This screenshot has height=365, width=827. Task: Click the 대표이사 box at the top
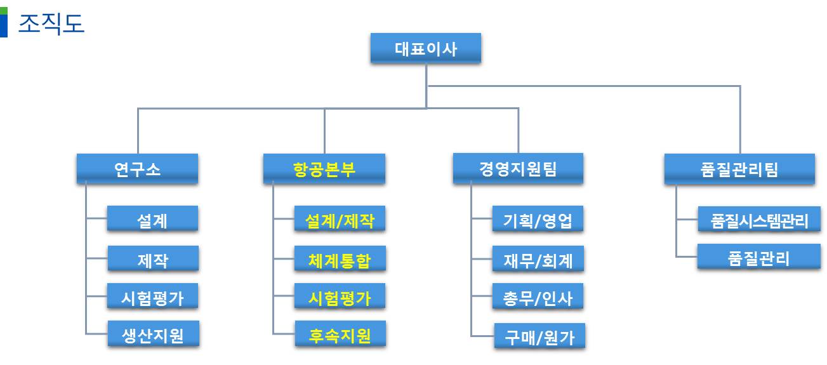[x=426, y=48]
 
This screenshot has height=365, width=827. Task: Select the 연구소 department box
[x=137, y=169]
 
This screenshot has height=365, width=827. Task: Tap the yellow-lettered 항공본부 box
[x=324, y=169]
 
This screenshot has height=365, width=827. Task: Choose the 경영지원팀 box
[x=518, y=168]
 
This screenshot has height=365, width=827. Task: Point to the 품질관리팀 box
[x=739, y=169]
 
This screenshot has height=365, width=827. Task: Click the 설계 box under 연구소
[x=152, y=219]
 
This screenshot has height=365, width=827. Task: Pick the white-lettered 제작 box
[x=153, y=258]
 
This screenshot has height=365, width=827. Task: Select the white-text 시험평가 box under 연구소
[x=152, y=296]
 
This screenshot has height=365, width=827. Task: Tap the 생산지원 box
[x=154, y=334]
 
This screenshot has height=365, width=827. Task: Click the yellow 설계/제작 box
[x=340, y=219]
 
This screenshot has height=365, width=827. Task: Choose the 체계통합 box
[x=340, y=258]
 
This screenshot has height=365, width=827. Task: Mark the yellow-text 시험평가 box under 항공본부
[x=340, y=296]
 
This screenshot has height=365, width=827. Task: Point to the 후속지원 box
[x=340, y=334]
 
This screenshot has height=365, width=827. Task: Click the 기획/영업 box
[x=538, y=219]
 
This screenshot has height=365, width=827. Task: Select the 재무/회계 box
[x=538, y=258]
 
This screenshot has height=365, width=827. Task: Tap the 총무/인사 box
[x=538, y=296]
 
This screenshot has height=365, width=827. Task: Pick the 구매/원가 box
[x=539, y=336]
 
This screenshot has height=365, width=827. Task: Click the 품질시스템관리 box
[x=760, y=219]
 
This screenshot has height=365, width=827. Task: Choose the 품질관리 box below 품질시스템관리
[x=759, y=256]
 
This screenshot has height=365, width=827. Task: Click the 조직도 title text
[x=51, y=23]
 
